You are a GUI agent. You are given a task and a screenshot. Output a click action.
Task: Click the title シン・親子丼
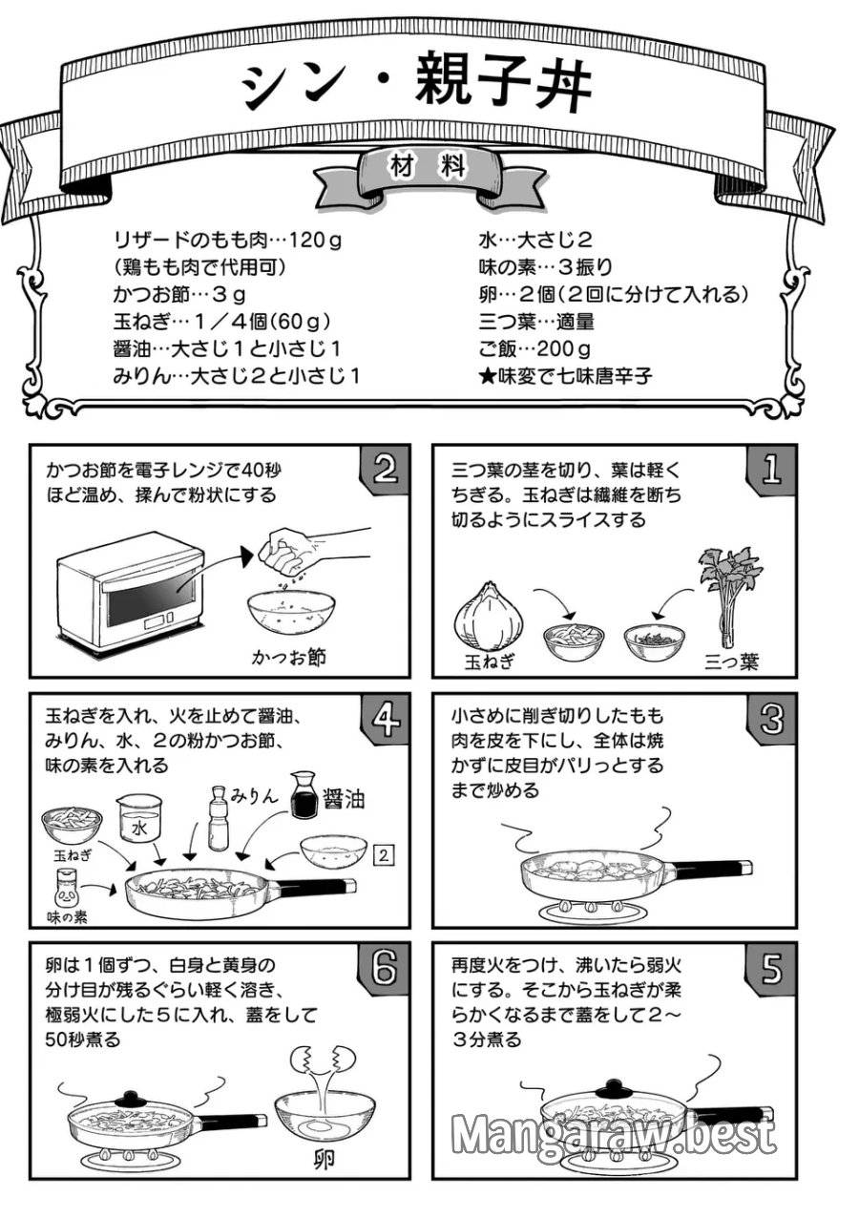[417, 87]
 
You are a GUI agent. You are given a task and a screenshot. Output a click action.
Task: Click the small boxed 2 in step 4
[382, 855]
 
